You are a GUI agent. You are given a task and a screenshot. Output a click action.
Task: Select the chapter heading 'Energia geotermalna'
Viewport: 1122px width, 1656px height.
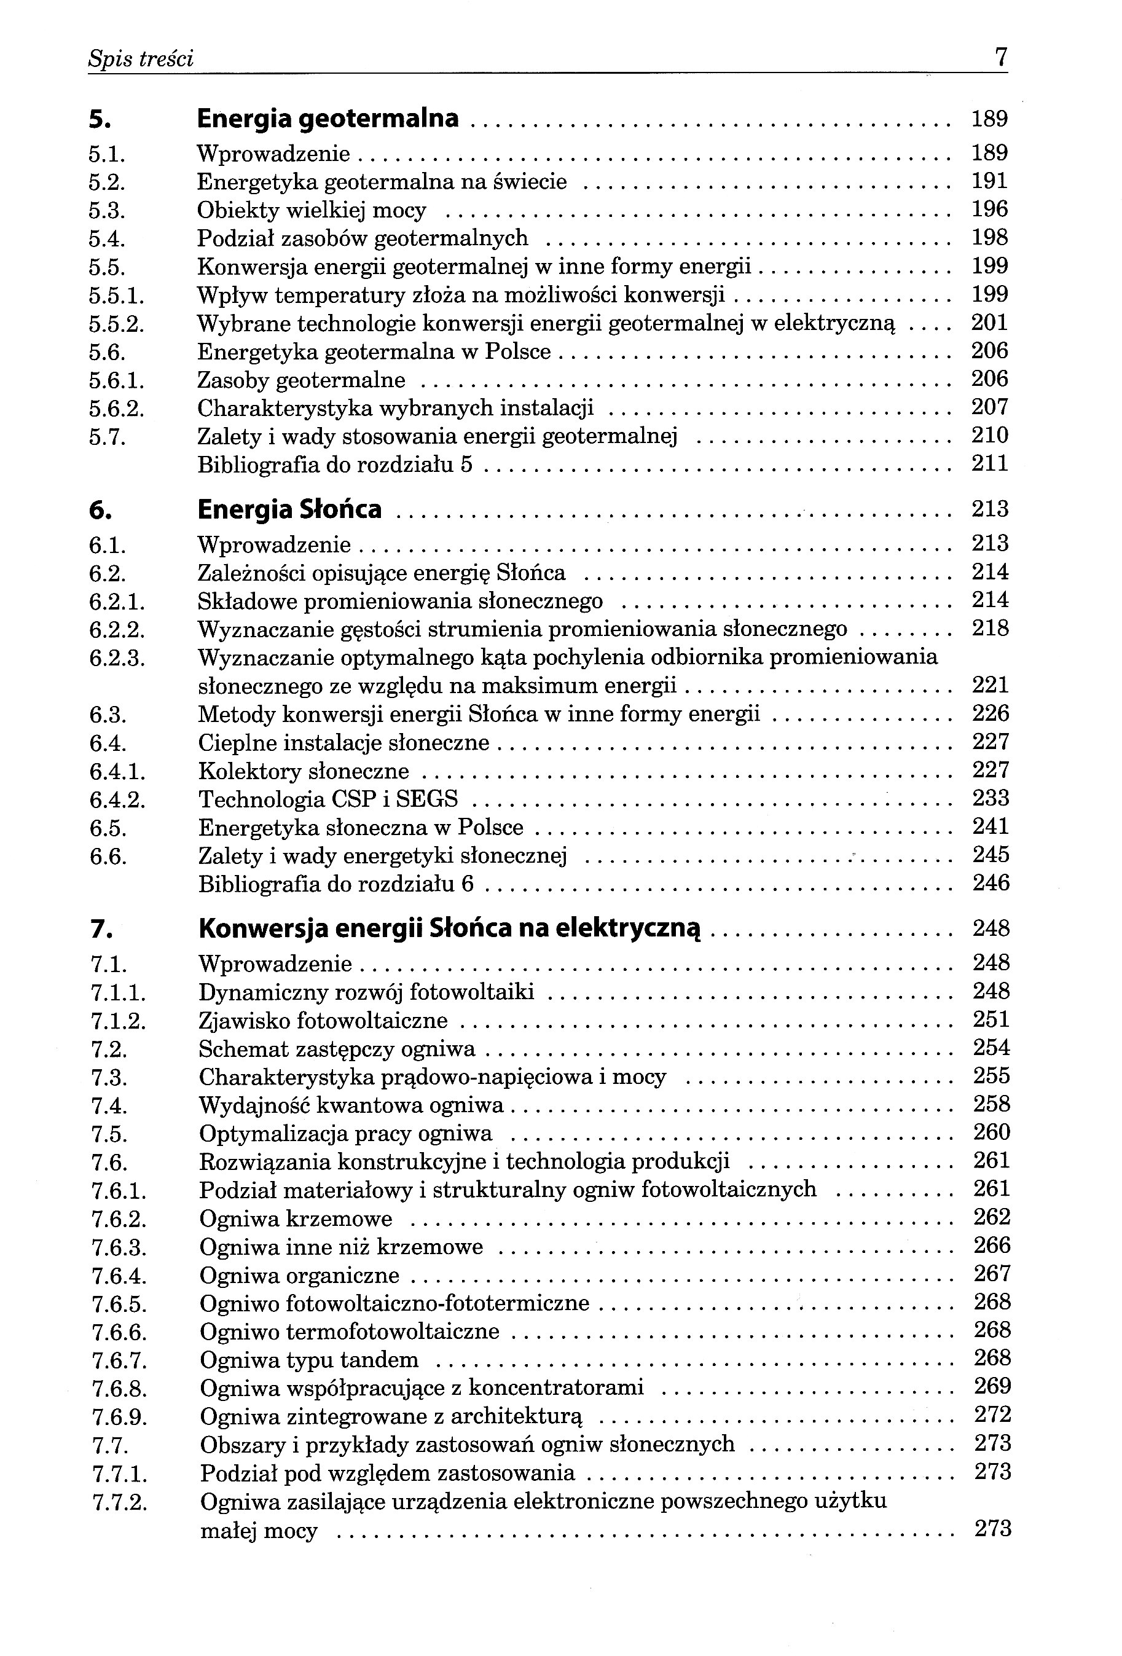pos(328,118)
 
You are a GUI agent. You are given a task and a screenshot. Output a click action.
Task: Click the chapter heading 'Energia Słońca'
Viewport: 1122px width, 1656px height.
pos(289,509)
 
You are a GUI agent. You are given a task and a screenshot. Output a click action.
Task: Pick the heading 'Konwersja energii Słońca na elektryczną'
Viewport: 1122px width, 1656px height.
pos(450,928)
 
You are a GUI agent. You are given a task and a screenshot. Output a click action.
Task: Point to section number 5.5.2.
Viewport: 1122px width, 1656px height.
pos(117,324)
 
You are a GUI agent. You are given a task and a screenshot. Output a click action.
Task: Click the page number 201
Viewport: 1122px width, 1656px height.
pos(989,323)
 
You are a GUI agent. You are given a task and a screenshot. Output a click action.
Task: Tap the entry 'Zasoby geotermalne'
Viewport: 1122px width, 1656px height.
pos(301,380)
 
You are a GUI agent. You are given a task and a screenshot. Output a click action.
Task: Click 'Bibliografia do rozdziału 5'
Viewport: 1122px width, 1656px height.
pos(335,465)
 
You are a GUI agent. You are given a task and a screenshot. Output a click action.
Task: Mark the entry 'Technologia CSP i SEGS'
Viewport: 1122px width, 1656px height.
pos(328,799)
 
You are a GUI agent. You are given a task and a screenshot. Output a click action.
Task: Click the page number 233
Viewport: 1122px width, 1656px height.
pos(991,798)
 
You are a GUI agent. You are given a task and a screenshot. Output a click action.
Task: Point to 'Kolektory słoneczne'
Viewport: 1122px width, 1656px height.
pos(304,772)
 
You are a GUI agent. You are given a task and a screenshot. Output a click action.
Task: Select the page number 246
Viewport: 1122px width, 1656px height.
pos(991,884)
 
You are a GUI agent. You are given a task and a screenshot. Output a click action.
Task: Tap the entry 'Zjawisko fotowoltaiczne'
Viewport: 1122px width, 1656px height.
pos(323,1021)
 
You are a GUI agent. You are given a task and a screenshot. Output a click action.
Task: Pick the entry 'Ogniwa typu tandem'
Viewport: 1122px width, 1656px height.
pos(309,1360)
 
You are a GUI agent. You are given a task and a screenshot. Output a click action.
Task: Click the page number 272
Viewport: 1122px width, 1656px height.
pos(992,1415)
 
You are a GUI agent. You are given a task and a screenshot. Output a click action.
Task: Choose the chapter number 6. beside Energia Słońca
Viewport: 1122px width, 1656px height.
pos(100,511)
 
